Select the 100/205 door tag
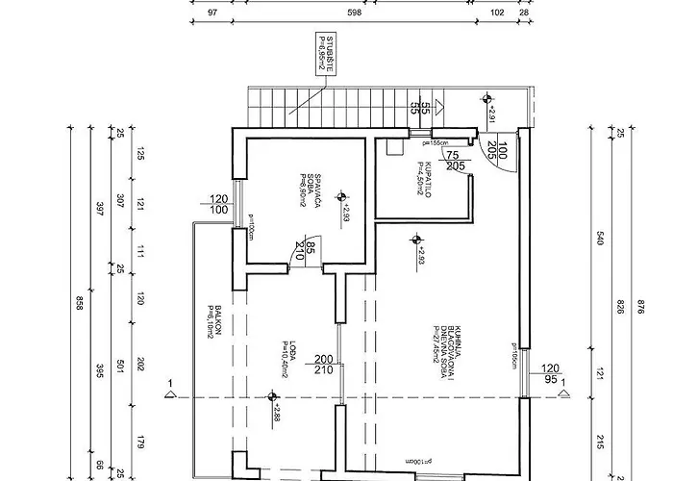496,148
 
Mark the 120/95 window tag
551,372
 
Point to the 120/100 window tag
218,204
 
